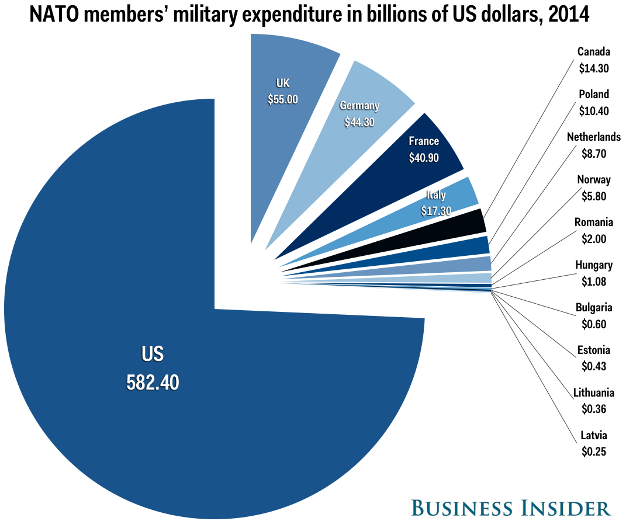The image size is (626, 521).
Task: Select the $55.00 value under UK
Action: click(x=283, y=99)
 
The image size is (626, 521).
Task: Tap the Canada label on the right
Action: click(x=594, y=52)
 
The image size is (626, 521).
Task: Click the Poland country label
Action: click(x=594, y=94)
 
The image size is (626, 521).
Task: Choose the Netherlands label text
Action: click(x=594, y=137)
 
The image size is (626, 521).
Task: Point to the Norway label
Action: click(x=594, y=180)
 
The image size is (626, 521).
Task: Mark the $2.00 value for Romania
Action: click(x=594, y=238)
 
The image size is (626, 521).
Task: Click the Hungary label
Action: click(x=594, y=265)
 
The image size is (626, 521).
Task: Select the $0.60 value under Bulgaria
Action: click(x=594, y=324)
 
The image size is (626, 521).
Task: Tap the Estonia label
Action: click(x=594, y=350)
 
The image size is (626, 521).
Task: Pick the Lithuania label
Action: click(x=594, y=393)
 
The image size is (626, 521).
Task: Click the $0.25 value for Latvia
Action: click(x=594, y=451)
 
